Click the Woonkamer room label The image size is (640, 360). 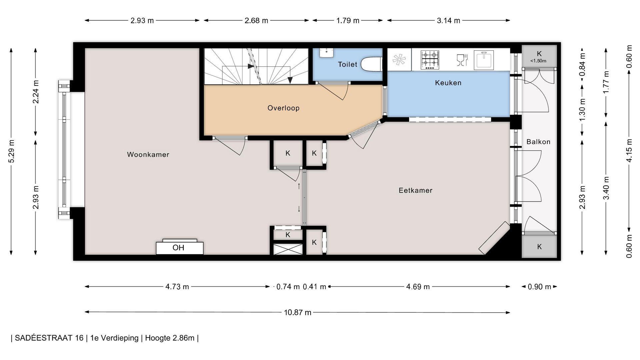pos(148,154)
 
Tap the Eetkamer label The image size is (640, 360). pos(415,190)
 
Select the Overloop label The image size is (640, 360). pos(283,108)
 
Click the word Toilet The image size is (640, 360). pos(347,64)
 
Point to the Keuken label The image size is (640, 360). pos(448,83)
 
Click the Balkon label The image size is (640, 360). pos(538,142)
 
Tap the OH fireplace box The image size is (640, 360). pos(180,247)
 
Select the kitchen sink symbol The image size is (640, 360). pos(483,60)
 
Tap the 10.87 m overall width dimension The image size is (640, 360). pos(297,312)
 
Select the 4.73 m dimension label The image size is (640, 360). pos(177,287)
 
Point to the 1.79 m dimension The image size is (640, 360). pos(348,20)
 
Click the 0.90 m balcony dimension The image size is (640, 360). pos(539,287)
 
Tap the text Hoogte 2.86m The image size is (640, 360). pos(170,338)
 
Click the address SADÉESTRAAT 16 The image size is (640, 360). pos(49,338)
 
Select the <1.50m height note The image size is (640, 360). pos(538,61)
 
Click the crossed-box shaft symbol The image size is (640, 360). pos(288,249)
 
